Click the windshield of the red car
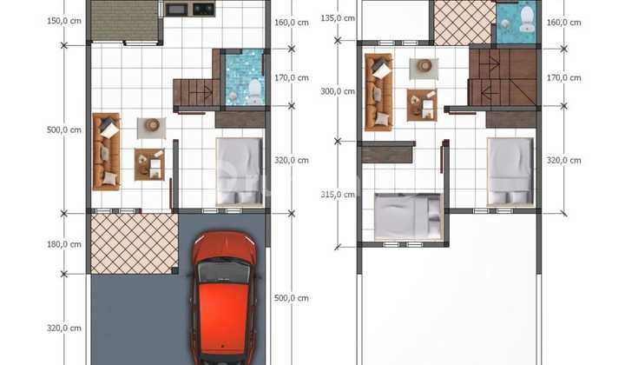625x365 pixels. [x=224, y=271]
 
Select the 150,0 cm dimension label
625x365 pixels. [x=63, y=21]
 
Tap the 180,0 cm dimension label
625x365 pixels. [x=63, y=244]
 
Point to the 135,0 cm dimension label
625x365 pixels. [x=338, y=18]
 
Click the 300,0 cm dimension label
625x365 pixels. [x=338, y=91]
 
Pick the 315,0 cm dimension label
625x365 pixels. [x=338, y=195]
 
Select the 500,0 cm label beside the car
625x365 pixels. [x=292, y=298]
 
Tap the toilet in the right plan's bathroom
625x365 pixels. [x=528, y=18]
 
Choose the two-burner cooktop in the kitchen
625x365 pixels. [x=204, y=9]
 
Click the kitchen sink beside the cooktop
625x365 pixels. [x=177, y=10]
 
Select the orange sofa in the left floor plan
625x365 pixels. [x=106, y=151]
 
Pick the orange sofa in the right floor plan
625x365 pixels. [x=378, y=92]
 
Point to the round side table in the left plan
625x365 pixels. [x=152, y=126]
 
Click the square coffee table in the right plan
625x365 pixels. [x=422, y=105]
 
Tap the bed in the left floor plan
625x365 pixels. [x=240, y=172]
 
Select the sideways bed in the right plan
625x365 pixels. [x=408, y=217]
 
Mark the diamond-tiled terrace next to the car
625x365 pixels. [x=135, y=243]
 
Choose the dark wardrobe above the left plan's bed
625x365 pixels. [x=240, y=120]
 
